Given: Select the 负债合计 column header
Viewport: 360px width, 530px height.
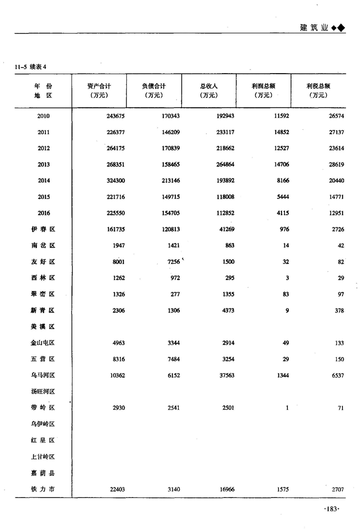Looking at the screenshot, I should (x=154, y=86).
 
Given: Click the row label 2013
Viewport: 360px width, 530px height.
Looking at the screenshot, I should (x=44, y=164).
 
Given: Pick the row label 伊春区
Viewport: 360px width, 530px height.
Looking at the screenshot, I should (x=43, y=229).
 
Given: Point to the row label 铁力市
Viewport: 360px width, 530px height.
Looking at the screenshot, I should (x=43, y=489).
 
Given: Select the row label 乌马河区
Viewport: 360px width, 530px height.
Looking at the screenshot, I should (x=43, y=375).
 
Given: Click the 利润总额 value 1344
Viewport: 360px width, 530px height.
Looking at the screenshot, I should (x=282, y=375).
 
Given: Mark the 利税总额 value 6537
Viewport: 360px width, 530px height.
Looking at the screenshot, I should (x=336, y=375).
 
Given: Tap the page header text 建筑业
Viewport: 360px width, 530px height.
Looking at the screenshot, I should (x=314, y=28).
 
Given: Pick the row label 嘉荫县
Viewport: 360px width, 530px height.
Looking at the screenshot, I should (x=43, y=473).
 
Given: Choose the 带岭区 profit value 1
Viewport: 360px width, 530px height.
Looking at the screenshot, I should (x=287, y=408).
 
